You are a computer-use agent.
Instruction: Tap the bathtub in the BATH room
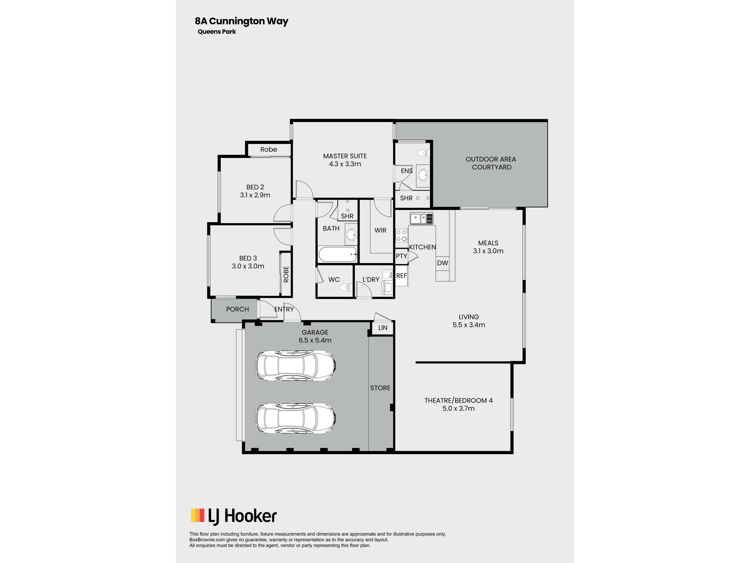point(338,254)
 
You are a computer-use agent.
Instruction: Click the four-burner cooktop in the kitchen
point(402,236)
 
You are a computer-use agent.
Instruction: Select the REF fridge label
point(401,276)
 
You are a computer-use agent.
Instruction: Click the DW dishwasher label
point(442,263)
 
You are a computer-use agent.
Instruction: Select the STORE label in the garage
point(380,388)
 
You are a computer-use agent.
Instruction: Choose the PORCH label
point(237,309)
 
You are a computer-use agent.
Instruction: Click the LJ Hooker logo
point(234,516)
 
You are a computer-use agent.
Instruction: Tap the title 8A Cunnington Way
point(241,21)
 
